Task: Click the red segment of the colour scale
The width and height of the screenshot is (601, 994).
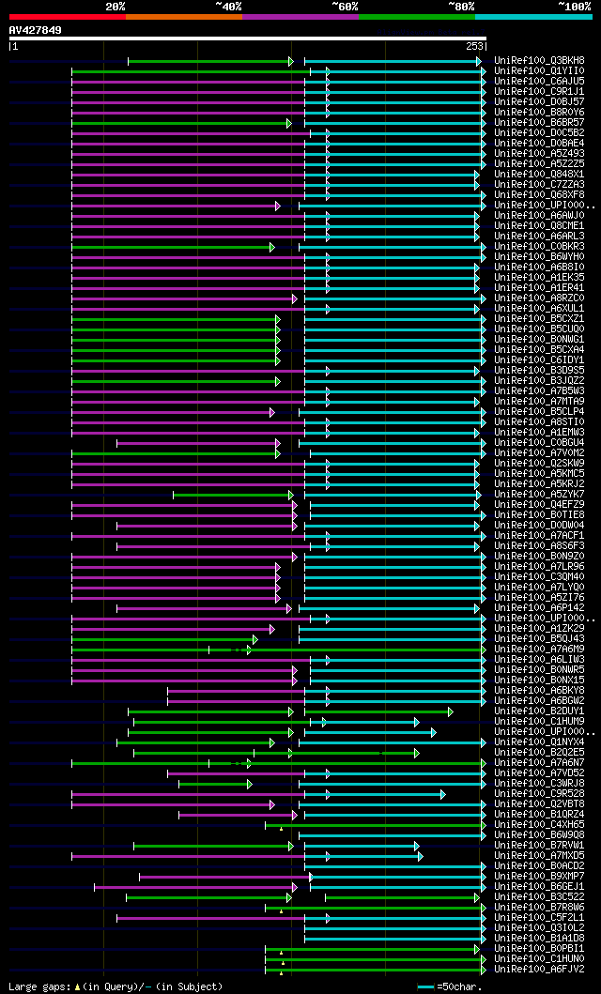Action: tap(67, 17)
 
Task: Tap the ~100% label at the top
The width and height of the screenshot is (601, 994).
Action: tap(574, 7)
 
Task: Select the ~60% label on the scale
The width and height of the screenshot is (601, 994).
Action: tap(345, 7)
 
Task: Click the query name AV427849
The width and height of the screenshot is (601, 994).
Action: tap(36, 30)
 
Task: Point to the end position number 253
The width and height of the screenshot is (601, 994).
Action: tap(474, 46)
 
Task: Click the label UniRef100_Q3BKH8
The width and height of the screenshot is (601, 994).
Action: tap(539, 60)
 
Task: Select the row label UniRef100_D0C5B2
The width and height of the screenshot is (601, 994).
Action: tap(539, 132)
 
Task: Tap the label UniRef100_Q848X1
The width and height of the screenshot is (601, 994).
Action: tap(539, 174)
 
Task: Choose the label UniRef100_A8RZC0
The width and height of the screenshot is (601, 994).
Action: tap(539, 298)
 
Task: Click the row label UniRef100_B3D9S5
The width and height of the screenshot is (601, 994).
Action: tap(539, 370)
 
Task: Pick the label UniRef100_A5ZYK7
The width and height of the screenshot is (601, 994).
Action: tap(539, 494)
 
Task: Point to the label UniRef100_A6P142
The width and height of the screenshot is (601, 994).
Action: tap(539, 607)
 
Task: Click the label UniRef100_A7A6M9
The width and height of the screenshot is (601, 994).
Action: tap(539, 649)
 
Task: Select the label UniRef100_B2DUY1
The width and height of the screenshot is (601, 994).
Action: tap(539, 711)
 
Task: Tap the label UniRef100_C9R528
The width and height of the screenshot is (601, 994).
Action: tap(539, 793)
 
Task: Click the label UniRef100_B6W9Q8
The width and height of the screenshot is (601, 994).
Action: tap(539, 834)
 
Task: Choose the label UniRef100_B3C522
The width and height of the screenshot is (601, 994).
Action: tap(539, 896)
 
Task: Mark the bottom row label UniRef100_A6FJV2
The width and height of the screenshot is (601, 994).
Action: tap(539, 969)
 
